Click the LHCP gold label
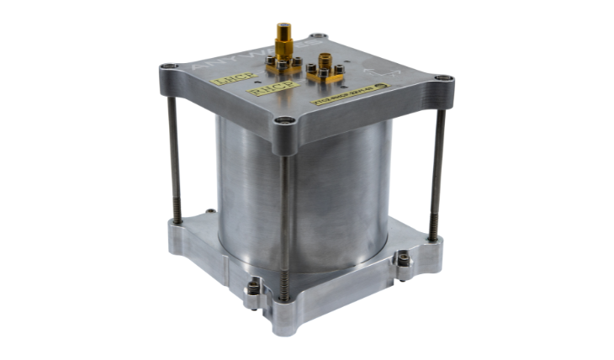(224, 82)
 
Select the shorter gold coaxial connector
(323, 63)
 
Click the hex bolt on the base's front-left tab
(254, 289)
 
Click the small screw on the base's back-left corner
(209, 212)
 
